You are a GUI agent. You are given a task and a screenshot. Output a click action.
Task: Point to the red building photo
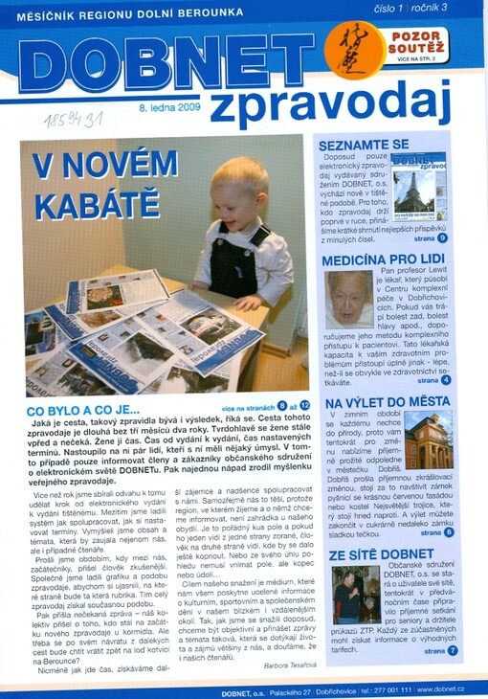point(428,440)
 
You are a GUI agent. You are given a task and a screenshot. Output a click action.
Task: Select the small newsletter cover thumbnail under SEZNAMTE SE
point(418,188)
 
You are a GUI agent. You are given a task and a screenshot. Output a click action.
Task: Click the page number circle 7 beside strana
point(452,650)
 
